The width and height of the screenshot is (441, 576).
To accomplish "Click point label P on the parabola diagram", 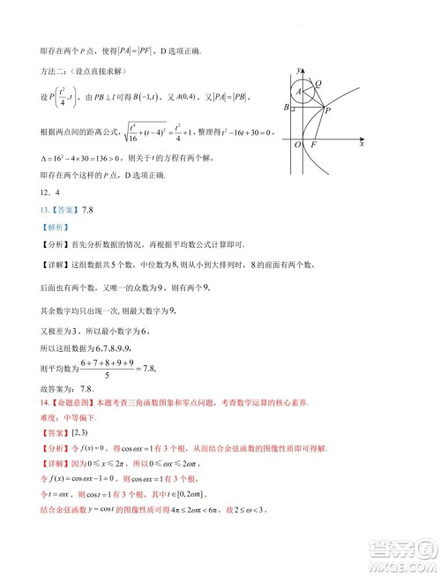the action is pos(327,110).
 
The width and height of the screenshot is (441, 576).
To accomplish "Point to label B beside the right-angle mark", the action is pos(286,108).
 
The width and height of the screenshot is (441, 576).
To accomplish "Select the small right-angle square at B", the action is pos(293,108).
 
